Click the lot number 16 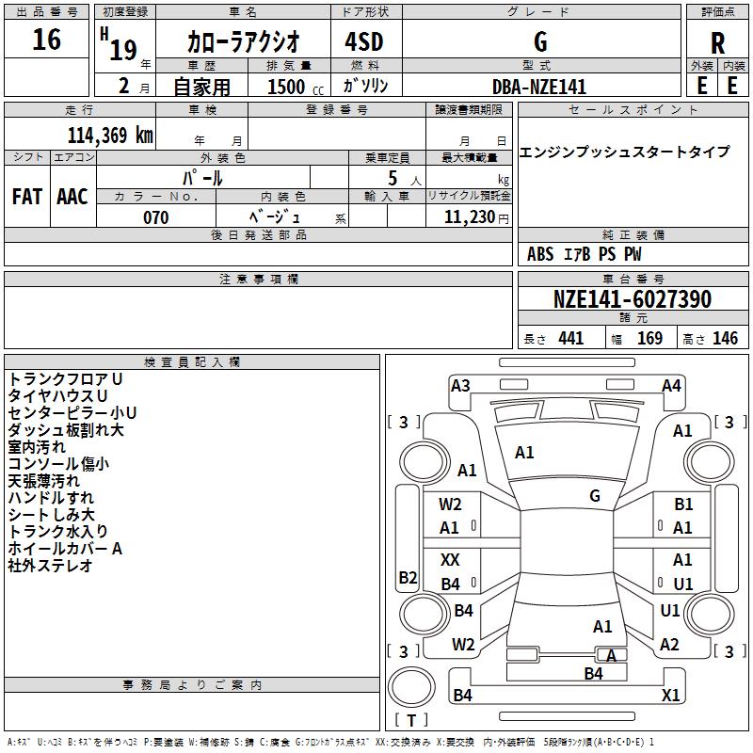(x=46, y=40)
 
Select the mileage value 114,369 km (x=110, y=136)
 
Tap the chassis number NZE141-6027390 (x=633, y=299)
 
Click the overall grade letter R (x=717, y=43)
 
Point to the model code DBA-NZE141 (x=539, y=87)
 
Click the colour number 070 (x=156, y=217)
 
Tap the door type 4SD (x=364, y=41)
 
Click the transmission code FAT (x=27, y=197)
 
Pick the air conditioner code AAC (x=72, y=197)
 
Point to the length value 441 (x=571, y=338)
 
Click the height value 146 (x=725, y=338)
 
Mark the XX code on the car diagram (x=450, y=560)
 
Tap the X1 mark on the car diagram (x=670, y=695)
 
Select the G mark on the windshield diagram (x=595, y=495)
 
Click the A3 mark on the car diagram (x=460, y=386)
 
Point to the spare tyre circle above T (x=411, y=687)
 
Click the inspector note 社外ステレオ (x=50, y=566)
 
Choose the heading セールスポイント (x=633, y=110)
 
